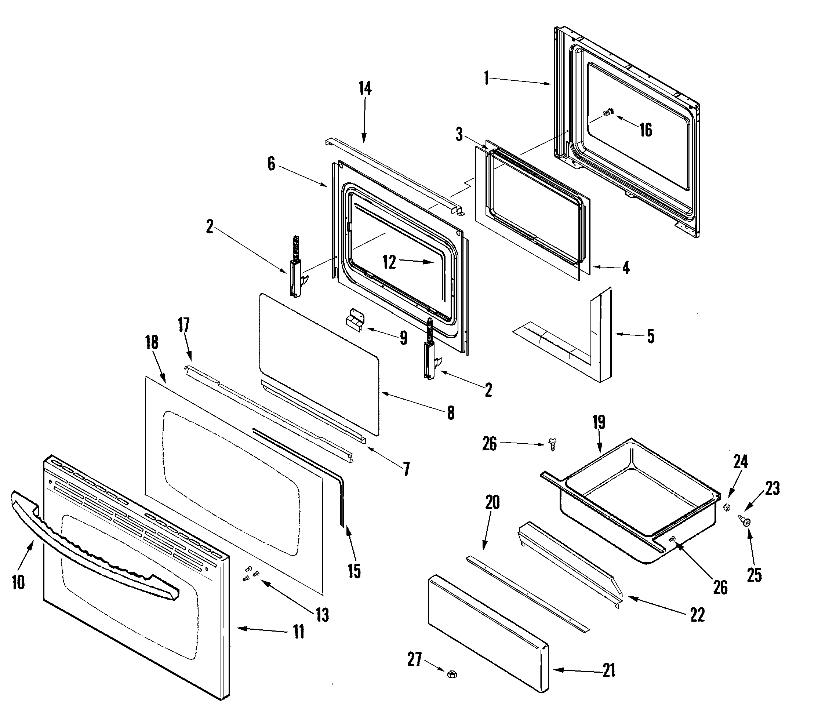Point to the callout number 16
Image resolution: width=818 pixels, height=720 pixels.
(646, 130)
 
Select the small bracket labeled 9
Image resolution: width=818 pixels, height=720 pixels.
(355, 320)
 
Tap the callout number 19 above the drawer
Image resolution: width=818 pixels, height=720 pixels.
(599, 422)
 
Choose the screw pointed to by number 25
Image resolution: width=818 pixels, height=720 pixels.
(746, 521)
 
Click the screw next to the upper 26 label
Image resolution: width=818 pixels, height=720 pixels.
(553, 444)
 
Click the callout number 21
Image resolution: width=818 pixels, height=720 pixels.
(609, 670)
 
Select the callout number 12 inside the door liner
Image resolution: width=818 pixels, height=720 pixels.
(389, 262)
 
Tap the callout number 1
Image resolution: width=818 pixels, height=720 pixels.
(487, 78)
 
